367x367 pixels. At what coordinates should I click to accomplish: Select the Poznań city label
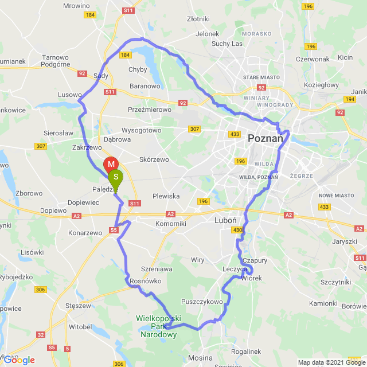pyautogui.click(x=266, y=139)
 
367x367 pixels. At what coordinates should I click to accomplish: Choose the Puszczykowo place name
pyautogui.click(x=201, y=301)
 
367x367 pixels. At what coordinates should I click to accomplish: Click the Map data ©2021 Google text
pyautogui.click(x=330, y=362)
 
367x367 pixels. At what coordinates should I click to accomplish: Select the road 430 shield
pyautogui.click(x=238, y=231)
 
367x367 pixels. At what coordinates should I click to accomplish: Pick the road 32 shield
pyautogui.click(x=41, y=334)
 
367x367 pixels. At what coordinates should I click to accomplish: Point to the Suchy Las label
pyautogui.click(x=228, y=43)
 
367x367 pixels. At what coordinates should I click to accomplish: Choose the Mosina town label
pyautogui.click(x=200, y=357)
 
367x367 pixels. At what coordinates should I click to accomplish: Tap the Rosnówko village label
pyautogui.click(x=146, y=281)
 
